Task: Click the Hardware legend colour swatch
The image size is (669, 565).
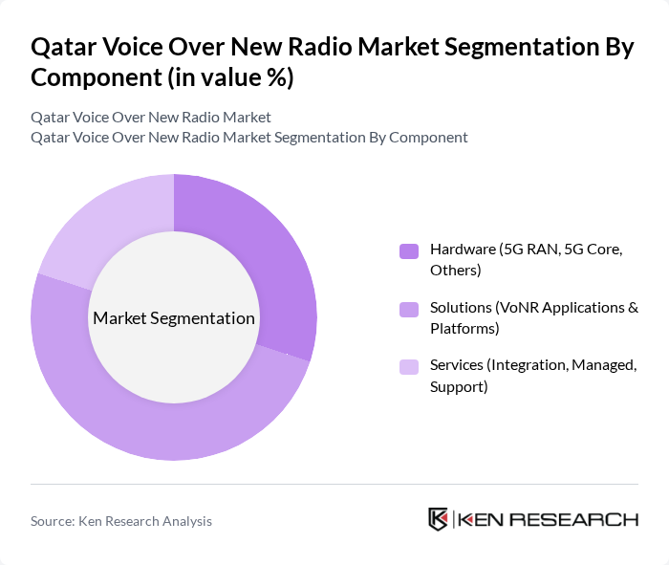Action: pyautogui.click(x=408, y=250)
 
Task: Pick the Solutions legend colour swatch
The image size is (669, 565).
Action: pyautogui.click(x=408, y=309)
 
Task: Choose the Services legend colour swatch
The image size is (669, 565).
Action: pyautogui.click(x=408, y=367)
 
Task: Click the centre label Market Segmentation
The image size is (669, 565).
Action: pyautogui.click(x=173, y=318)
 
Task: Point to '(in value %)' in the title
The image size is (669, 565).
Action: pyautogui.click(x=230, y=78)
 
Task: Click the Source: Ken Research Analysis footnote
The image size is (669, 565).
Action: pyautogui.click(x=121, y=521)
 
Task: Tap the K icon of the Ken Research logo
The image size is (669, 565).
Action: pyautogui.click(x=439, y=519)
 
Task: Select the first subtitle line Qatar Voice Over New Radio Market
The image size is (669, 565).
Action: pyautogui.click(x=151, y=117)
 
